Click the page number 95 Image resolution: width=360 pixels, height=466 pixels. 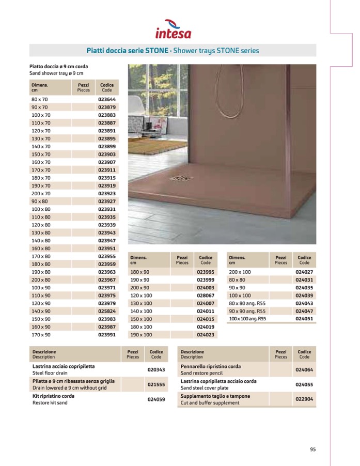[312, 449]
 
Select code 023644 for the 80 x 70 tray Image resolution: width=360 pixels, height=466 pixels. [107, 99]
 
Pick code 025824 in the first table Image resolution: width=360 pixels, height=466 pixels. [107, 311]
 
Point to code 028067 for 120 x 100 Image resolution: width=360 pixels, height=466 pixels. [206, 295]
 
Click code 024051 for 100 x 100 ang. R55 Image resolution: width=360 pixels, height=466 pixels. [304, 319]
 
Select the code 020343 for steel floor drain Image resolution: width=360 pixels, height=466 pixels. [156, 369]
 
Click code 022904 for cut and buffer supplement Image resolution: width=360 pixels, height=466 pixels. [304, 399]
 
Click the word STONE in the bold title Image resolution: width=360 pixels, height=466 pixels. [155, 51]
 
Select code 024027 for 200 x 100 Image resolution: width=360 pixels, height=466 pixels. [304, 272]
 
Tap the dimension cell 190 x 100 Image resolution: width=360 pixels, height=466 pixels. [141, 334]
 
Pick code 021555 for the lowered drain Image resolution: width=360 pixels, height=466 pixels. [156, 384]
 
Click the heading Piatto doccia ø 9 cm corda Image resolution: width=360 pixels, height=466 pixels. [58, 67]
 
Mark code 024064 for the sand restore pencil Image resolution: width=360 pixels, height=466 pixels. [304, 369]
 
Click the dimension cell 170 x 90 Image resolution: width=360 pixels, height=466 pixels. [41, 334]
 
